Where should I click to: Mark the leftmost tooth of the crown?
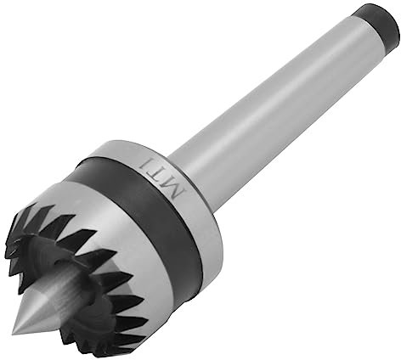tap(12, 255)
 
